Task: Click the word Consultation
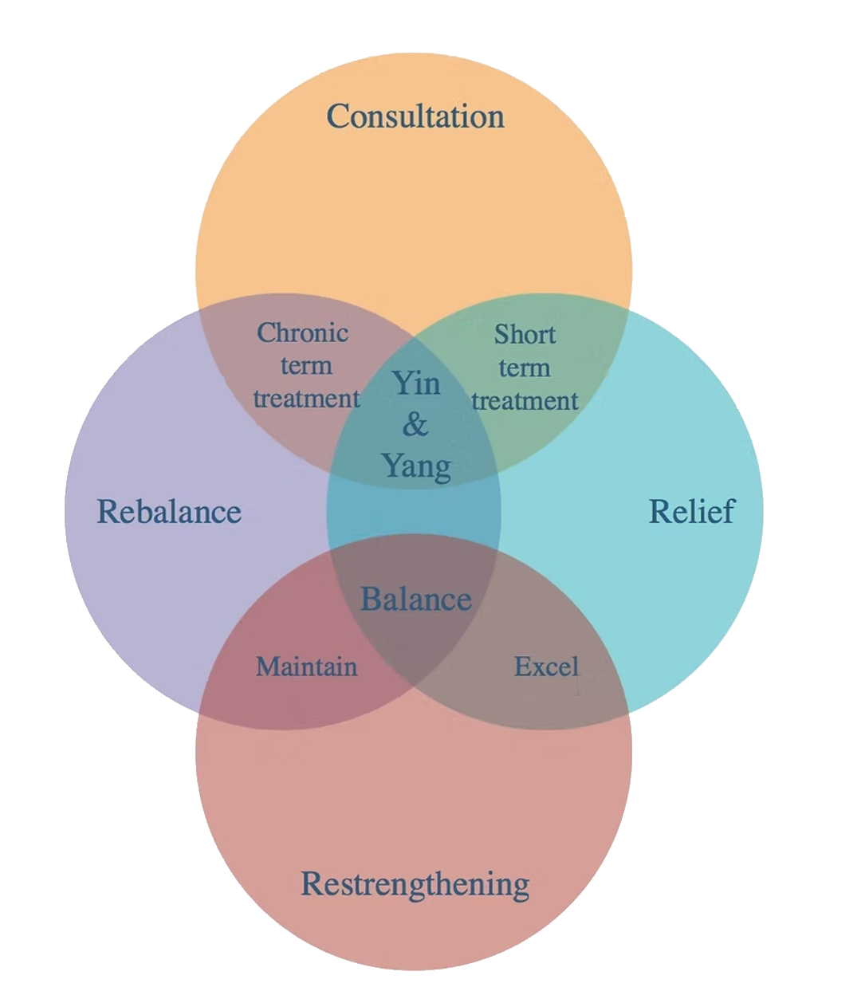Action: coord(415,116)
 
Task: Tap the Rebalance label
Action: coord(169,512)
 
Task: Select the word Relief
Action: coord(691,512)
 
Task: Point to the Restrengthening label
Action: coord(415,884)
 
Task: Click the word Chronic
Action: coord(303,332)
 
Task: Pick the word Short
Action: coord(525,335)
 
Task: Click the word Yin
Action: coord(416,383)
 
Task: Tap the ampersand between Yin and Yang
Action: coord(415,424)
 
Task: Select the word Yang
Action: coord(415,466)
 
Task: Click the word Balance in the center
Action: coord(416,599)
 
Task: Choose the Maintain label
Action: coord(307,667)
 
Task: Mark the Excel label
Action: coord(546,667)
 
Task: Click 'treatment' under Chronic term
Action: coord(307,398)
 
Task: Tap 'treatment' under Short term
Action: coord(525,400)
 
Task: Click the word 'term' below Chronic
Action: coord(306,366)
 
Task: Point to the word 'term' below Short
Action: coord(525,368)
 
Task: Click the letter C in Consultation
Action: coord(338,116)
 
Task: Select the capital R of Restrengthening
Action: coord(311,884)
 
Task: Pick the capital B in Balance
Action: coord(371,599)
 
